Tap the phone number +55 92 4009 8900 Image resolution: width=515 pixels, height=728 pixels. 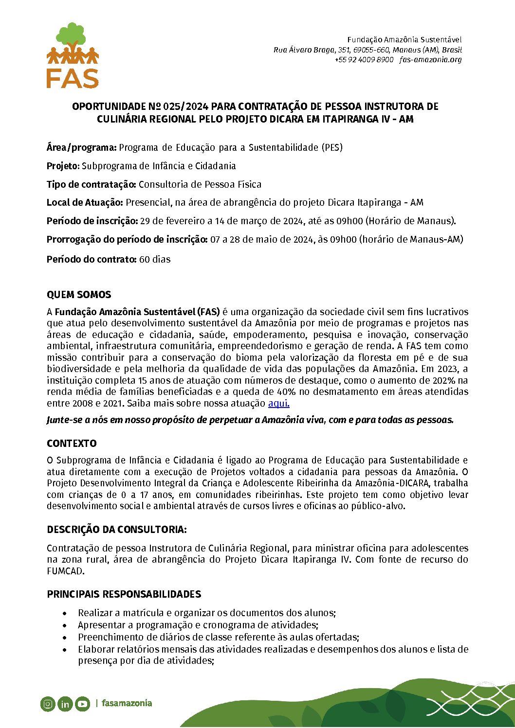(x=364, y=60)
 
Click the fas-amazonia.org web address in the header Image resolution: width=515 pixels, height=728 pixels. (x=430, y=60)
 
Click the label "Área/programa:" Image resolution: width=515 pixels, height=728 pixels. (x=81, y=147)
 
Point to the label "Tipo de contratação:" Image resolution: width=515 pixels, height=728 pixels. (x=92, y=184)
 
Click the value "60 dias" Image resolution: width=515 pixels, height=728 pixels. (x=155, y=259)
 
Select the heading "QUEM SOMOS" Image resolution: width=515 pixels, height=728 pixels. (x=79, y=295)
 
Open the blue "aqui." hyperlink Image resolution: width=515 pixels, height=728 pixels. (x=278, y=403)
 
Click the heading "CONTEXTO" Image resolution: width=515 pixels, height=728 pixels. (x=72, y=444)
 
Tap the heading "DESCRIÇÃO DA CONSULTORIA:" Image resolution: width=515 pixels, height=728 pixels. (x=117, y=530)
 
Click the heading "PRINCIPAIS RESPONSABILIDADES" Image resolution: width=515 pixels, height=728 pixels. (x=124, y=594)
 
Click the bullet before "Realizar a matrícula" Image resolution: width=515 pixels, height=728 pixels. (x=65, y=613)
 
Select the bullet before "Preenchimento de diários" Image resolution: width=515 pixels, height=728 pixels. (x=65, y=638)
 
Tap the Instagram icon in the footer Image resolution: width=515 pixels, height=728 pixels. (x=48, y=704)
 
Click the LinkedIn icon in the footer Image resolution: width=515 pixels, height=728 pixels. (x=65, y=704)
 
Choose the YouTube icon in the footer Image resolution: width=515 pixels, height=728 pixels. (x=82, y=704)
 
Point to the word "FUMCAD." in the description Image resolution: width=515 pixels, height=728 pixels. (x=66, y=571)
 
